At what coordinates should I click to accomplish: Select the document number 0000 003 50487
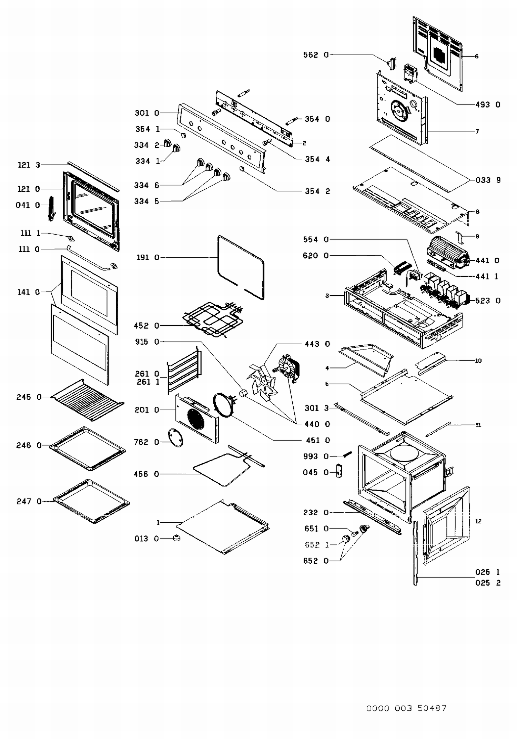click(406, 708)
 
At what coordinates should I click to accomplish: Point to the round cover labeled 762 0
click(175, 438)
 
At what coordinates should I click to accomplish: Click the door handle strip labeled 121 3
click(93, 176)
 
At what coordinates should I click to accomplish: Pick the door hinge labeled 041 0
click(52, 208)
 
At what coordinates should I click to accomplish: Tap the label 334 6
click(146, 185)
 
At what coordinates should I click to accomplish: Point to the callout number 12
click(478, 521)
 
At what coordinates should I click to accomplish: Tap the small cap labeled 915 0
click(243, 393)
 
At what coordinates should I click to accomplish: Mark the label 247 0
click(29, 501)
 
